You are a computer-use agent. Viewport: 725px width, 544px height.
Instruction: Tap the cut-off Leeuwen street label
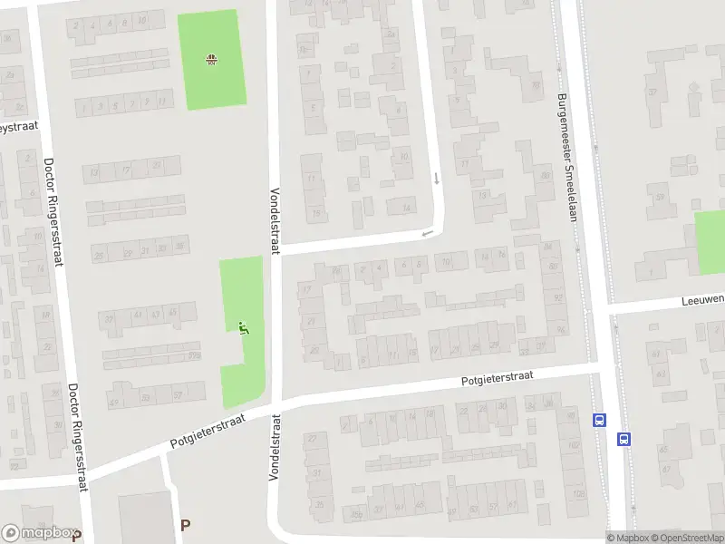(x=703, y=298)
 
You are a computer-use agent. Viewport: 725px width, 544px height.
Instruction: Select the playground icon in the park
(x=211, y=60)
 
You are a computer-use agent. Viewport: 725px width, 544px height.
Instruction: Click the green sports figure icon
(x=242, y=327)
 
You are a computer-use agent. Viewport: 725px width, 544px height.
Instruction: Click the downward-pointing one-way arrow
(x=436, y=178)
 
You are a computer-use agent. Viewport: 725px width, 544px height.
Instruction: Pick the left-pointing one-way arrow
(x=427, y=235)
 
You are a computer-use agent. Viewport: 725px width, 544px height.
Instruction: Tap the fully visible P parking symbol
(x=186, y=524)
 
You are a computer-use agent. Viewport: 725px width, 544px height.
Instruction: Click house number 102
(x=572, y=445)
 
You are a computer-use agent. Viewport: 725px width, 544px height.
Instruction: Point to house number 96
(x=561, y=328)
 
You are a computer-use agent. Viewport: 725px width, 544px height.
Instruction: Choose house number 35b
(x=357, y=516)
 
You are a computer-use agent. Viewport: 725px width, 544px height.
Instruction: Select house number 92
(x=556, y=297)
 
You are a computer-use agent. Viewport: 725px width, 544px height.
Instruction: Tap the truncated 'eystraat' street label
(x=18, y=128)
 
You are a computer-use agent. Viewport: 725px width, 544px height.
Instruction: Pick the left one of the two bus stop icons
(x=598, y=420)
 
